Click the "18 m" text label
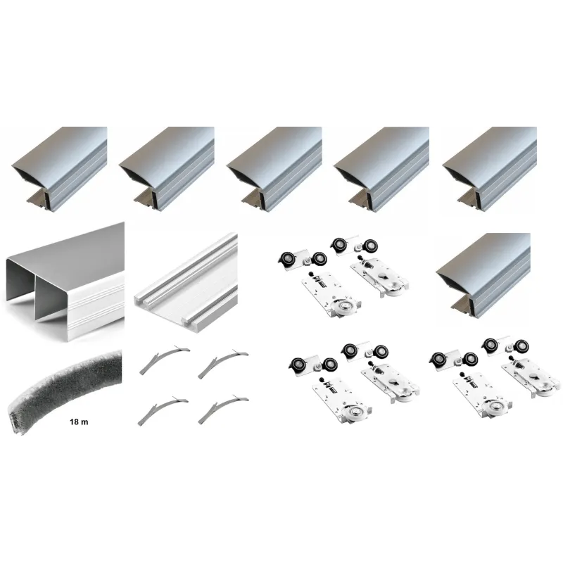(79, 422)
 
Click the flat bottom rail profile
(186, 283)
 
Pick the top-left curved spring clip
(165, 360)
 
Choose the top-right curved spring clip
(222, 364)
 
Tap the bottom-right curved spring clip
(223, 410)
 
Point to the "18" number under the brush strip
(75, 422)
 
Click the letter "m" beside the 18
(84, 422)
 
